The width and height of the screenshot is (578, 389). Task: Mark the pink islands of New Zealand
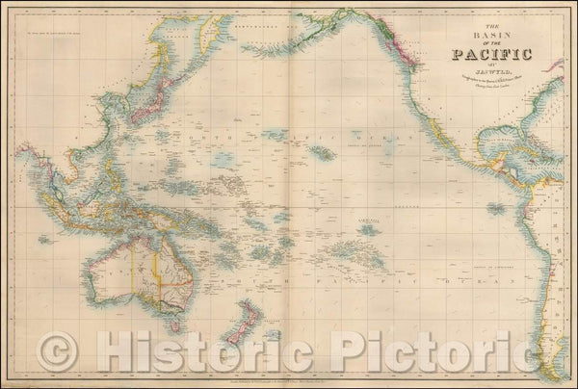click(x=249, y=318)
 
